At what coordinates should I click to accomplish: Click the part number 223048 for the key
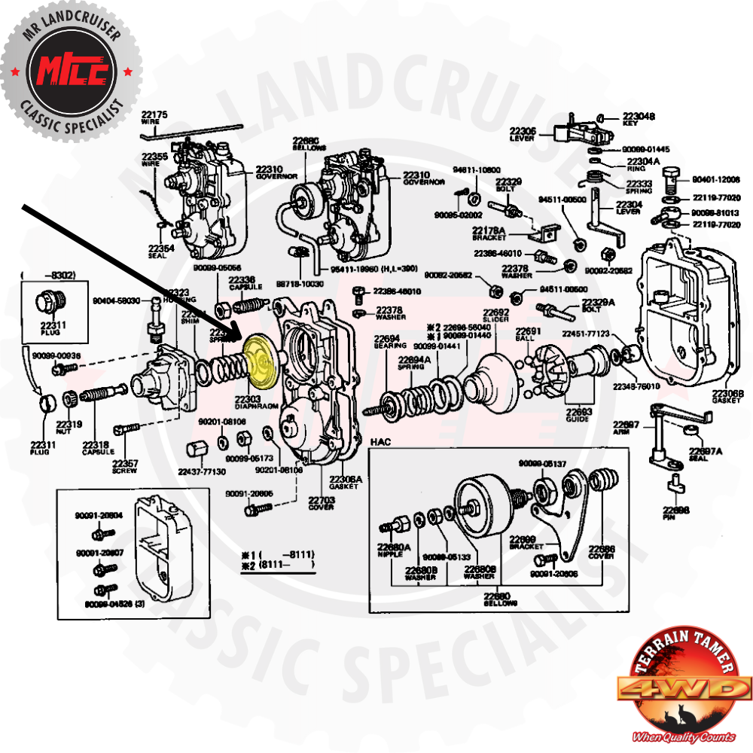pos(639,117)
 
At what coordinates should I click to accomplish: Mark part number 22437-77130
pos(201,471)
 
